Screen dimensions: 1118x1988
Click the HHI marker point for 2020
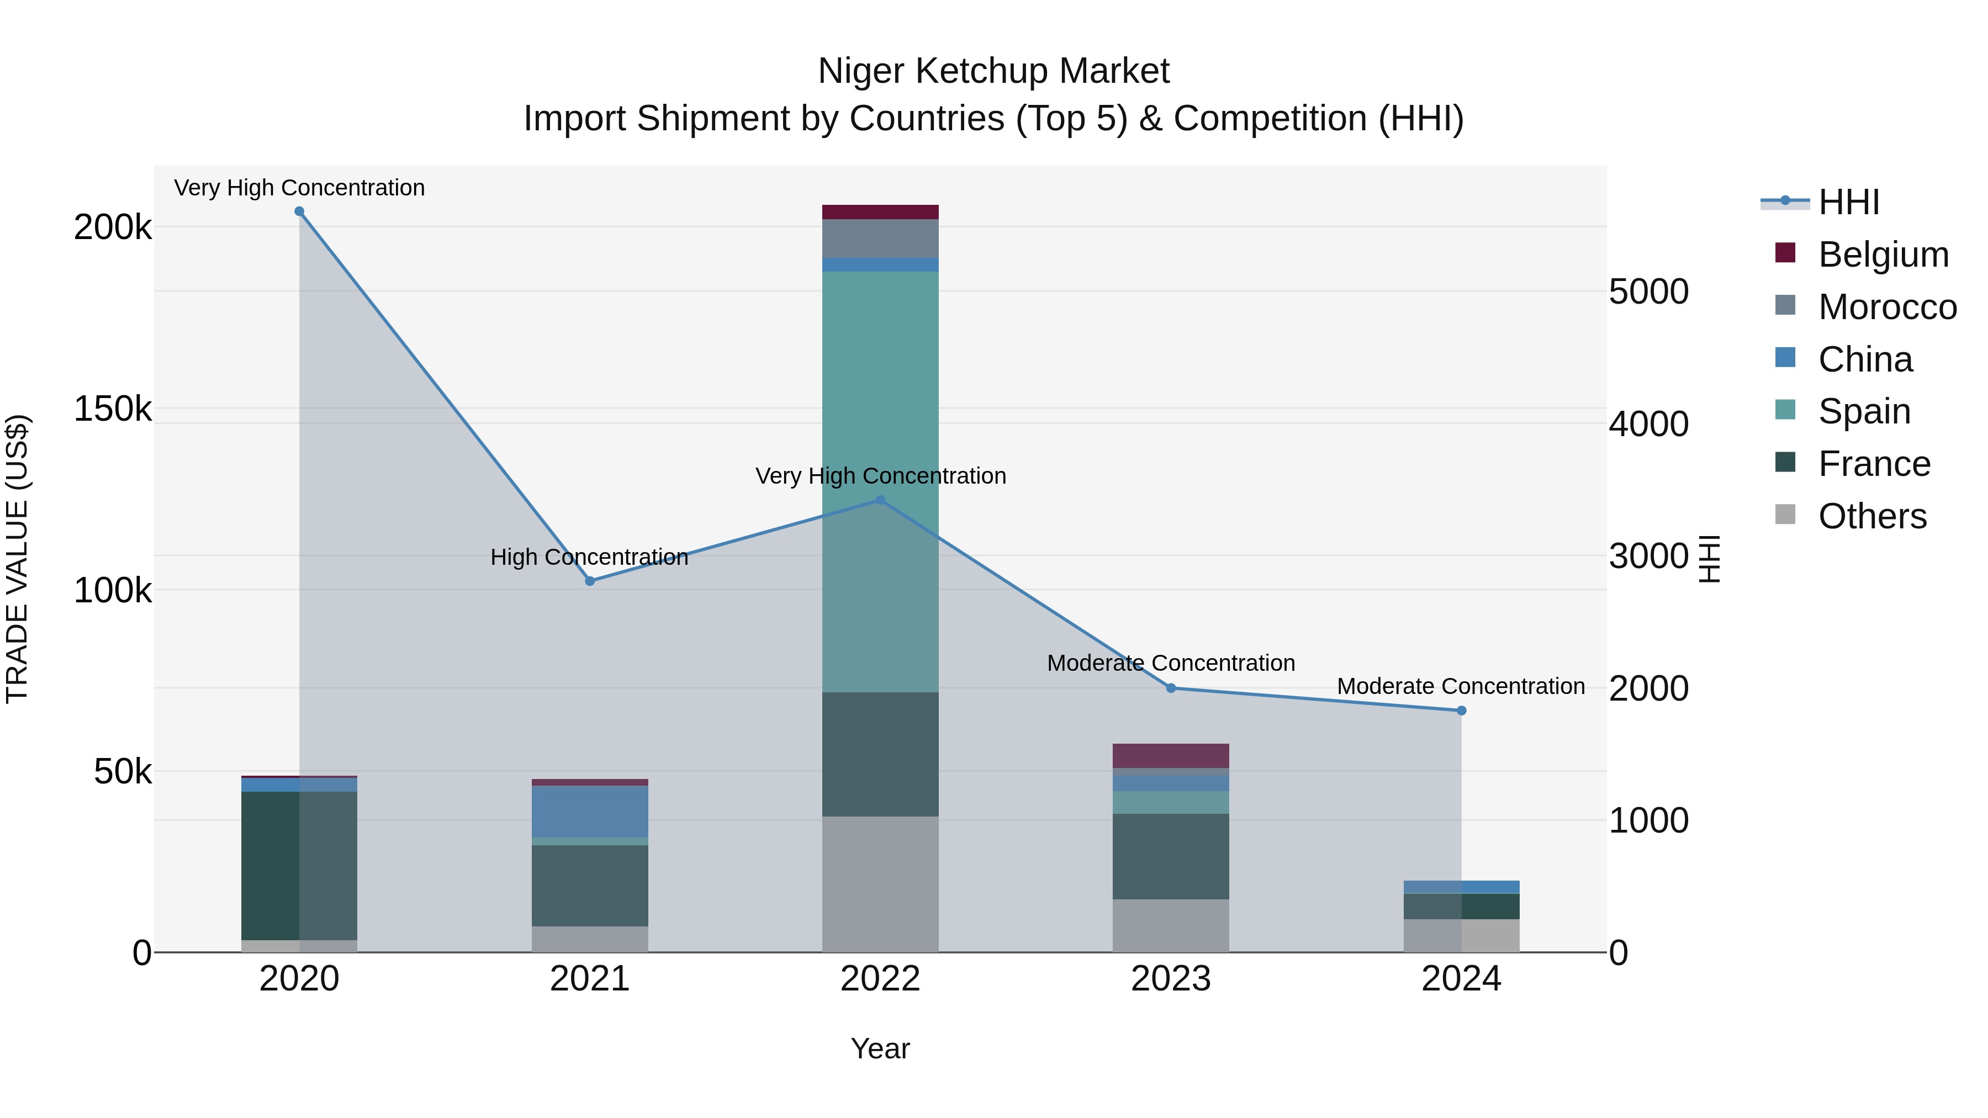299,211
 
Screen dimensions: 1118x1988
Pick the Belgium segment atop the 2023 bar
1170,755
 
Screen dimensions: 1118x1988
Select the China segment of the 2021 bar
590,811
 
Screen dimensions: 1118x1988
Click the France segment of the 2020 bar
299,864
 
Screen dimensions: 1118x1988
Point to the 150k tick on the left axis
113,409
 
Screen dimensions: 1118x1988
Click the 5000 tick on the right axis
1648,292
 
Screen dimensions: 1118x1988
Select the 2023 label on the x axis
1170,979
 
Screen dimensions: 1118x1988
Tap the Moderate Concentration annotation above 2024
1460,686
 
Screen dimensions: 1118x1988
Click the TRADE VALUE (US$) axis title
17,559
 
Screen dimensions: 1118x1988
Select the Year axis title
880,1048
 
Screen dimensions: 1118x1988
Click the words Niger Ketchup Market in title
993,71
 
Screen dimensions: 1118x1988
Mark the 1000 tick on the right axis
1648,820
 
